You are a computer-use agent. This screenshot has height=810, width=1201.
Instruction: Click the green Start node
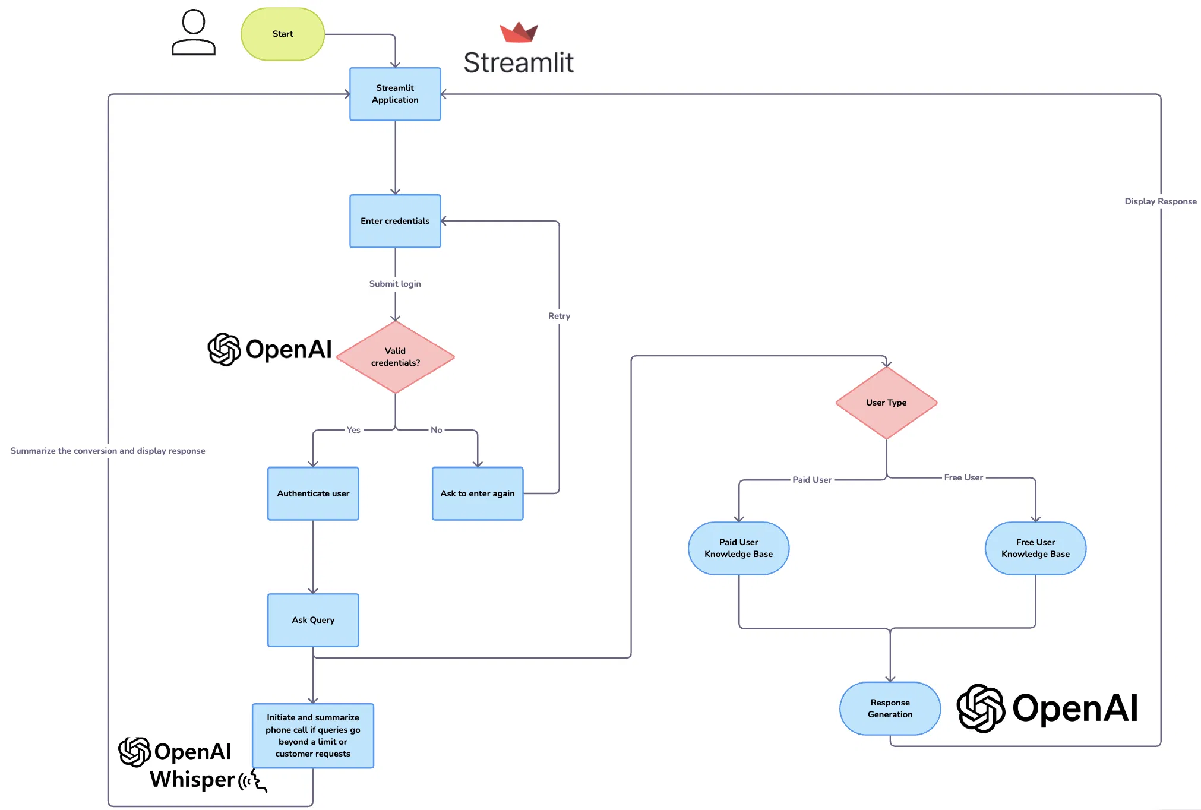283,34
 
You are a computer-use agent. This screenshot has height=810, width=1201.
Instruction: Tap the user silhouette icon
194,33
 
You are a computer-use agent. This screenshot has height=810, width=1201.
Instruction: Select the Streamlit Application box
395,94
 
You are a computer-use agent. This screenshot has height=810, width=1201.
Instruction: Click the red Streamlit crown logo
519,32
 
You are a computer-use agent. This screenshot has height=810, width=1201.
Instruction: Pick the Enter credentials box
395,221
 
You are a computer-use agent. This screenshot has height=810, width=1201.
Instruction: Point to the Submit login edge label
395,284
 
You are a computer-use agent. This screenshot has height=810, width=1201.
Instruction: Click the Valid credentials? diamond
395,357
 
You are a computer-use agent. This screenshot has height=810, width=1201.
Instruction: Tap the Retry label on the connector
559,316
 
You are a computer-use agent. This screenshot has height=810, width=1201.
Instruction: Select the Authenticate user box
313,493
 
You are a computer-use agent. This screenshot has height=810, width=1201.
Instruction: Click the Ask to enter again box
478,493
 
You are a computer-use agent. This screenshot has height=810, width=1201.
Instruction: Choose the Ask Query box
313,620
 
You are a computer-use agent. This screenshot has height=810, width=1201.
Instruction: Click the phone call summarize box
313,736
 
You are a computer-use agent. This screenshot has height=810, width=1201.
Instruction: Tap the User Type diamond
886,403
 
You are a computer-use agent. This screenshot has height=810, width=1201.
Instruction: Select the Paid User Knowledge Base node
738,548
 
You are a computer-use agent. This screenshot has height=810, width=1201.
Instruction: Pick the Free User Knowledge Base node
1035,548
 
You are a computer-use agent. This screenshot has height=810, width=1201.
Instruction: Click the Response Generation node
890,708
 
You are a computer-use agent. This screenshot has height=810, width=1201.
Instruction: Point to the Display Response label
1160,201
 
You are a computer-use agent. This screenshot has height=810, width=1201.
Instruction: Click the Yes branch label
353,430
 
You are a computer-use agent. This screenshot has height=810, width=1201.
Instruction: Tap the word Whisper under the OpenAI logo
192,780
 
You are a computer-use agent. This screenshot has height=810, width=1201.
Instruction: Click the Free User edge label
963,477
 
